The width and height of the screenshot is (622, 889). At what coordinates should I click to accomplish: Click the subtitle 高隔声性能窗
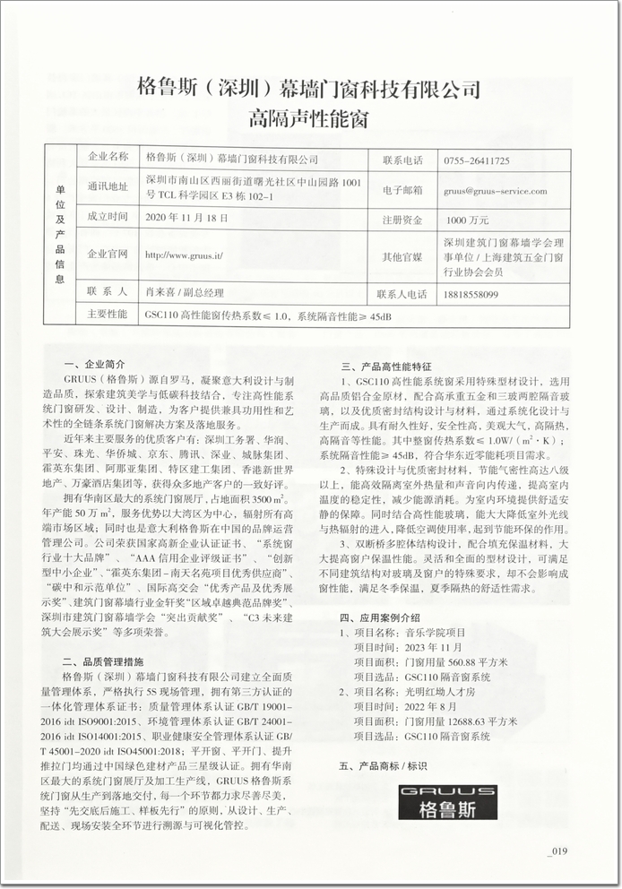(309, 117)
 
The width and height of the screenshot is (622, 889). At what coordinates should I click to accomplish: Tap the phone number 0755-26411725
(476, 160)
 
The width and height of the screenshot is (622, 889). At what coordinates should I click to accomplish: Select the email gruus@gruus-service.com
(494, 190)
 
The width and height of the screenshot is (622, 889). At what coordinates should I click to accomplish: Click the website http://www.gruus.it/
(183, 255)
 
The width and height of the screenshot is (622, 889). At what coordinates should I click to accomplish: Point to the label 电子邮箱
(401, 190)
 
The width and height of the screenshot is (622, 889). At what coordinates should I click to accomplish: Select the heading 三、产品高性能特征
(386, 366)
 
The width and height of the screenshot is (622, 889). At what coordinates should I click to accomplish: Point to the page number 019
(557, 851)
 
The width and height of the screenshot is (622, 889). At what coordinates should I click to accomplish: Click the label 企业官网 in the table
(108, 255)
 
